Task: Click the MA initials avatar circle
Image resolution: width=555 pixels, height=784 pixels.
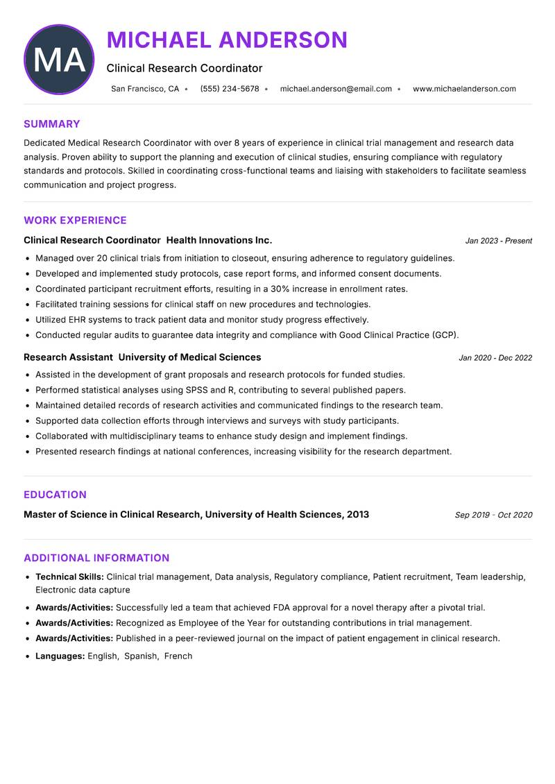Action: [x=59, y=60]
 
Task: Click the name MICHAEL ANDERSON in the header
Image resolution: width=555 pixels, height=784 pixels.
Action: [x=227, y=40]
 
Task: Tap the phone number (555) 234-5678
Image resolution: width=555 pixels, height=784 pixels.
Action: [x=229, y=89]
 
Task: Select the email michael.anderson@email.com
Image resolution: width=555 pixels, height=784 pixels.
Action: [x=336, y=89]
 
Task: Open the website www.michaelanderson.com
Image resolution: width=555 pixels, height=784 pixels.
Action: [x=464, y=89]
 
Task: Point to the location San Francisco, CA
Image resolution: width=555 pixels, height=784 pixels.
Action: [x=145, y=89]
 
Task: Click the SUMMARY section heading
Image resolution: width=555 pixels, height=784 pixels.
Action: [x=52, y=124]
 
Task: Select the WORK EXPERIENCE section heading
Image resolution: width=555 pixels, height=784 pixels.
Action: [x=75, y=221]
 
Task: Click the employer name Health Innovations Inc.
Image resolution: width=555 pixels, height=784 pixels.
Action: [x=219, y=240]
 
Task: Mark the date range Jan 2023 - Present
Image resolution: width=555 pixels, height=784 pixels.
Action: [x=498, y=241]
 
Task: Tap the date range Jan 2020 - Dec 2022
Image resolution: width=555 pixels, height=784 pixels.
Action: [x=495, y=358]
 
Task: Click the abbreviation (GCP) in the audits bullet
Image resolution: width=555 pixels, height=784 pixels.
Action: [x=445, y=335]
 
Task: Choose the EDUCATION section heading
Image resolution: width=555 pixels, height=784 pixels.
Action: [x=55, y=495]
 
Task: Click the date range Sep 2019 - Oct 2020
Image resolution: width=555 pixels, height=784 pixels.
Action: [x=493, y=515]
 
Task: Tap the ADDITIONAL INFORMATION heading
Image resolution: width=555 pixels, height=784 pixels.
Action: [x=96, y=558]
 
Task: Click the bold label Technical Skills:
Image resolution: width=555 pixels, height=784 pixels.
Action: [x=69, y=577]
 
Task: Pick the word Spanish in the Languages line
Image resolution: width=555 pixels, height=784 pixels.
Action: [x=141, y=656]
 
